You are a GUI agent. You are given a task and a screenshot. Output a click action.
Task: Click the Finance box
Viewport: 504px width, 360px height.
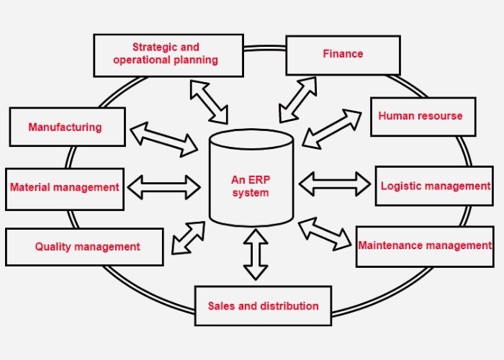coord(342,54)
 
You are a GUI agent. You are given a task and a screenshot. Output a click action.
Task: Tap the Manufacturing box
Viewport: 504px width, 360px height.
coord(66,127)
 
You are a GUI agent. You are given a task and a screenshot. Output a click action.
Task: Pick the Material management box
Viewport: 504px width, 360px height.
coord(64,188)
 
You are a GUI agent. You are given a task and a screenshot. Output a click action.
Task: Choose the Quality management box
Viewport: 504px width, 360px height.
coord(84,247)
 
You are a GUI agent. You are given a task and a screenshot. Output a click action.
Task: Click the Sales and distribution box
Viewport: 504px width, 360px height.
coord(263,306)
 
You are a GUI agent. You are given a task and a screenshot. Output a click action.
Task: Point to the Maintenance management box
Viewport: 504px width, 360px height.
coord(424,246)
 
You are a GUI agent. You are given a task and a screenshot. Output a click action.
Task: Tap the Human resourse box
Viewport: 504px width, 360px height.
coord(422,116)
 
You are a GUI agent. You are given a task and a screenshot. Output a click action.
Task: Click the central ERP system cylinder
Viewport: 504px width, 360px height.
coord(251,180)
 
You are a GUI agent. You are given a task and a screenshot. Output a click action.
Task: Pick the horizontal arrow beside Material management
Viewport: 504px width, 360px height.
coord(163,187)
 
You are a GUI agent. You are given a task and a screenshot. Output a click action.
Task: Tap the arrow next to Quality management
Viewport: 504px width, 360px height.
coord(188,238)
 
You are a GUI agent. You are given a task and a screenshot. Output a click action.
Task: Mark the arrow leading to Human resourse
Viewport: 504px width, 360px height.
coord(332,129)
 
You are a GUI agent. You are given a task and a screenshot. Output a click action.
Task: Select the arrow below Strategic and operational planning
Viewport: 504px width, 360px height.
coord(208,101)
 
